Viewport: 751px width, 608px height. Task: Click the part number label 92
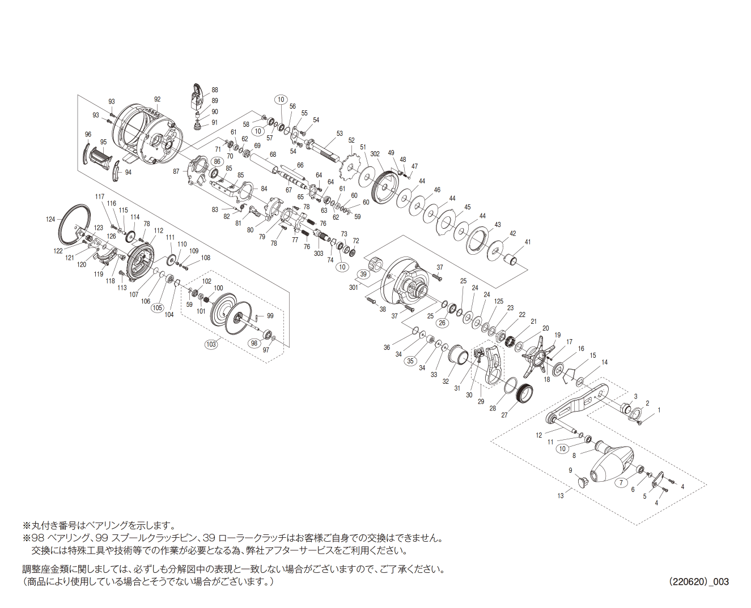[x=157, y=100]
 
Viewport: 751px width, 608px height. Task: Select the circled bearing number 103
[x=211, y=344]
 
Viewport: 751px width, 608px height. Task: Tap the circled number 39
[x=363, y=275]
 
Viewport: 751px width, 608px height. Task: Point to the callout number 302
[x=375, y=153]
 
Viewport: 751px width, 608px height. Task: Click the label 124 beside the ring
[x=51, y=219]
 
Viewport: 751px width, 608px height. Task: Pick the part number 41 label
[x=528, y=242]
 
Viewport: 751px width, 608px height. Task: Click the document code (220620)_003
[x=698, y=581]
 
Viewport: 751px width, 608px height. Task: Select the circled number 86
[x=216, y=161]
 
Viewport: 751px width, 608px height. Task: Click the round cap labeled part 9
[x=582, y=482]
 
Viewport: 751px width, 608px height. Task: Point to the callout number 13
[x=560, y=496]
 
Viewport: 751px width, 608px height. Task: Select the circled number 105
[x=157, y=308]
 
